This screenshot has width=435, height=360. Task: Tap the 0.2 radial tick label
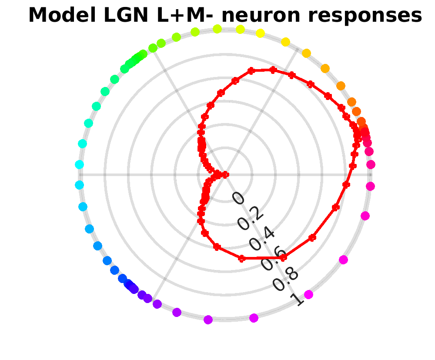(x=250, y=218)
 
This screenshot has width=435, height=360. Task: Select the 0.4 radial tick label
(x=262, y=238)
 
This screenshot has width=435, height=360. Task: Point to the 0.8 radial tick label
(x=285, y=279)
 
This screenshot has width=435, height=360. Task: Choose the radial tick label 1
(x=298, y=299)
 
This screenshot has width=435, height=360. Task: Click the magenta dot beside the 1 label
(x=308, y=294)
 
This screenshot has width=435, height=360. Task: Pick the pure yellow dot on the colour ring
(x=260, y=33)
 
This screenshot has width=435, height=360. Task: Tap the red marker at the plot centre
(x=225, y=174)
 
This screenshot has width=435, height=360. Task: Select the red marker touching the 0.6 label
(x=283, y=258)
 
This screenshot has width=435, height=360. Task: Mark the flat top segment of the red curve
(x=262, y=70)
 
